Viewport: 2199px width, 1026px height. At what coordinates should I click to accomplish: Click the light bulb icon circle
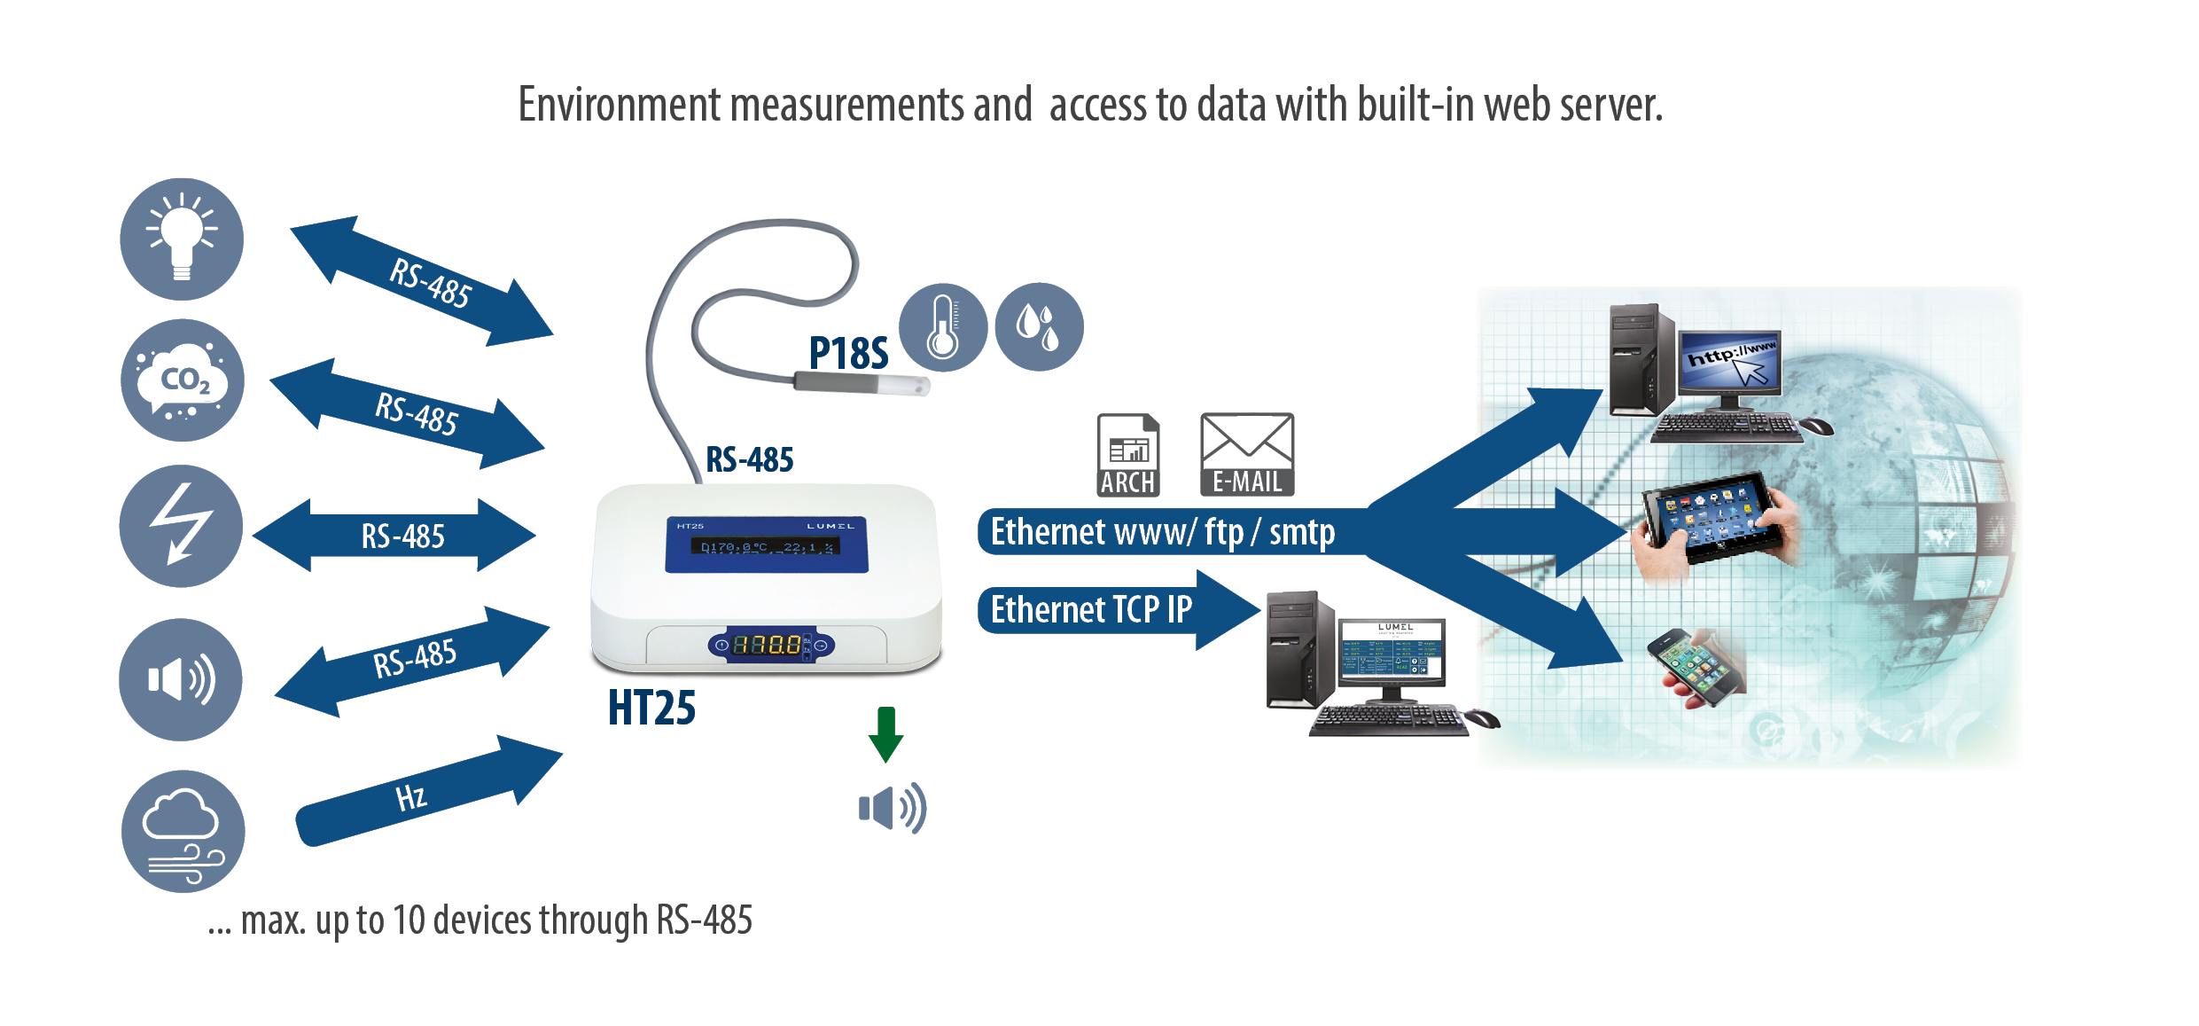[182, 239]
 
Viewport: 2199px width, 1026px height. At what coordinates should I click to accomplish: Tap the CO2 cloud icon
[183, 380]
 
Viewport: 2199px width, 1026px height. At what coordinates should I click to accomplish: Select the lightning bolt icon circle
[181, 526]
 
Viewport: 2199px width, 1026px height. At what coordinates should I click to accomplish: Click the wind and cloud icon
[183, 831]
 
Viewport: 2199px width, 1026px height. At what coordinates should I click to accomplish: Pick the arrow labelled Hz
[425, 792]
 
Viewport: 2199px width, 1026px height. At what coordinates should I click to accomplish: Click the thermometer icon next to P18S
[942, 327]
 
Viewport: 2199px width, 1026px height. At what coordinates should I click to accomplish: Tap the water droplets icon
[1039, 327]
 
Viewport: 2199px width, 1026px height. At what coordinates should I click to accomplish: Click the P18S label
[847, 354]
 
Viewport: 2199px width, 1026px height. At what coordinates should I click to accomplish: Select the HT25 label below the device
[651, 709]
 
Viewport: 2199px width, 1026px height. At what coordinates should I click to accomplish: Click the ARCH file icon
[1127, 455]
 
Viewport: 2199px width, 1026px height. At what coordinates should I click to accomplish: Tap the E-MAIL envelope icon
[1247, 453]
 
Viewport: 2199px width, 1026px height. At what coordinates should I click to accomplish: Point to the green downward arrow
[885, 733]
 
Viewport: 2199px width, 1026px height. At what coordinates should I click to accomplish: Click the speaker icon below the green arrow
[892, 808]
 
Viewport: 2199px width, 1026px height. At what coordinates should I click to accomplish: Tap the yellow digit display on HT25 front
[767, 645]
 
